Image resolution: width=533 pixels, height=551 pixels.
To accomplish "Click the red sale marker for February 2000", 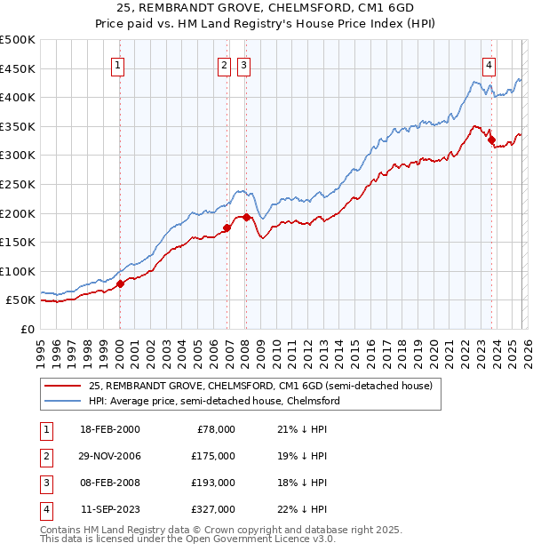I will pos(121,283).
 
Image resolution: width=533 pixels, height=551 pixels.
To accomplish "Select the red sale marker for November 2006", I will pos(227,228).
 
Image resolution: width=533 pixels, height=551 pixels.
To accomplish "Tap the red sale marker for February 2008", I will pos(245,217).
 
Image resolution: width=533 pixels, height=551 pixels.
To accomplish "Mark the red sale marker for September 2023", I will pos(491,139).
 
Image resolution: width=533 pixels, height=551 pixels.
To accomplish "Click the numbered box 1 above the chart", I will pos(118,64).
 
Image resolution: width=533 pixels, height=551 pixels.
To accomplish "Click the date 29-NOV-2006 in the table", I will pos(110,456).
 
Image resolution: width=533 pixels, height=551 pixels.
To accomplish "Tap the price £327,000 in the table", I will pos(213,509).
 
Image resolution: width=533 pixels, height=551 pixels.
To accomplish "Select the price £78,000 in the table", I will pos(216,429).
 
